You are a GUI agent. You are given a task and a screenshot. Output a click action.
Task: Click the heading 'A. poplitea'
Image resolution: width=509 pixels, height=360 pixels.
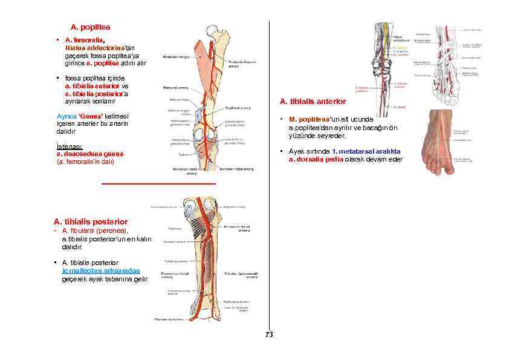pyautogui.click(x=90, y=27)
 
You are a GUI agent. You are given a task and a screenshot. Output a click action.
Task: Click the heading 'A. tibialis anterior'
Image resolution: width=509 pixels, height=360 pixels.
pyautogui.click(x=313, y=102)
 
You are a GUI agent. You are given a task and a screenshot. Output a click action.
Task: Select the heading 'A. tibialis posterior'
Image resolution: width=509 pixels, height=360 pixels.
pyautogui.click(x=91, y=222)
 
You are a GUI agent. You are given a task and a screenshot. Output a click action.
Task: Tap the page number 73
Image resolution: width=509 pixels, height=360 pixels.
pyautogui.click(x=269, y=335)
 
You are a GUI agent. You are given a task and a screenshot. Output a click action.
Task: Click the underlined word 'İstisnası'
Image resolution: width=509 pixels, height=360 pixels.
pyautogui.click(x=61, y=147)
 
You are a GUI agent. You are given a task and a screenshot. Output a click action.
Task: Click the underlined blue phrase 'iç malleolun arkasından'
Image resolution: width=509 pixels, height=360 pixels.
pyautogui.click(x=101, y=270)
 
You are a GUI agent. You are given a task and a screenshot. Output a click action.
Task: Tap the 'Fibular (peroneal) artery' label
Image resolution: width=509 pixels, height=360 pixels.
pyautogui.click(x=236, y=274)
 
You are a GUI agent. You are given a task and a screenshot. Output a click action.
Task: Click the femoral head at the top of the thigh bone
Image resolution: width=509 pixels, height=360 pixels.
pyautogui.click(x=212, y=30)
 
